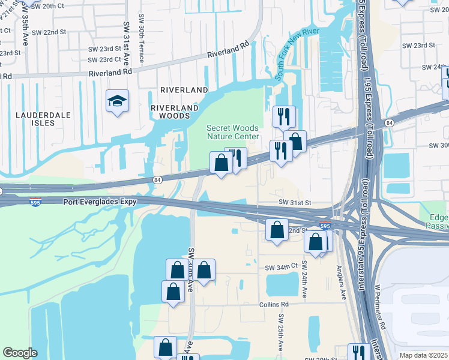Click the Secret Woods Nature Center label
point(232,132)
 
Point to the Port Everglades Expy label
point(100,202)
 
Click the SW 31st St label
point(295,203)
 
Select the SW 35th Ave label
point(25,30)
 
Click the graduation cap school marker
point(117,100)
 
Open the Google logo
point(20,353)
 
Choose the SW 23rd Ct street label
point(104,60)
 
